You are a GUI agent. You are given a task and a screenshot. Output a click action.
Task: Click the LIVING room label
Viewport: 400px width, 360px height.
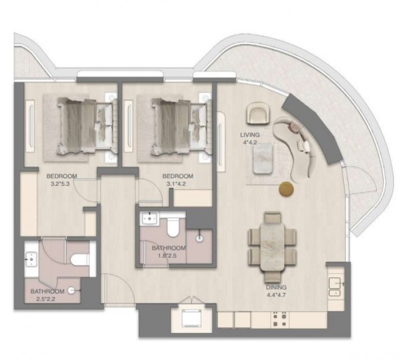[250, 134]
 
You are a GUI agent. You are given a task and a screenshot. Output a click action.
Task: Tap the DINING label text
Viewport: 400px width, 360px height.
[276, 287]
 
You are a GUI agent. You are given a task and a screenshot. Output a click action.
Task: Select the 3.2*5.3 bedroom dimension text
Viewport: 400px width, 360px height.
[60, 183]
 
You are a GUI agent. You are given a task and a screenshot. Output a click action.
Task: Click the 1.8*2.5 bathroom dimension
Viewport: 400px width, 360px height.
[168, 255]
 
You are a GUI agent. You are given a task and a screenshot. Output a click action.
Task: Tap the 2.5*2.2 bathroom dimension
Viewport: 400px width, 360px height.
[46, 299]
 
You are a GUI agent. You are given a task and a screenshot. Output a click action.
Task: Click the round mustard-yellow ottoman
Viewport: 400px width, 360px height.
[286, 190]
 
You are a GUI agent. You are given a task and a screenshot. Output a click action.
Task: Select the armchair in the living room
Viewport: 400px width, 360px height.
[258, 113]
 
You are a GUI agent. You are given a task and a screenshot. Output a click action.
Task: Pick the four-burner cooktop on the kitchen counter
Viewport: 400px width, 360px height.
[280, 319]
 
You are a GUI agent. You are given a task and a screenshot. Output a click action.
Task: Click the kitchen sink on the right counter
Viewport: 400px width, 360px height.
[335, 286]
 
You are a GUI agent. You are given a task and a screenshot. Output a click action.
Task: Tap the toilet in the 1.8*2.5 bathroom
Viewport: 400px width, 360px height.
[173, 227]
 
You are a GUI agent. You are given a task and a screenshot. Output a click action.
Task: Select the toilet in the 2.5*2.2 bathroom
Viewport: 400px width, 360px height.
[79, 259]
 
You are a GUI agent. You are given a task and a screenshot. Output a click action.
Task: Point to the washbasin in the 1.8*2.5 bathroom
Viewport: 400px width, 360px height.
[149, 218]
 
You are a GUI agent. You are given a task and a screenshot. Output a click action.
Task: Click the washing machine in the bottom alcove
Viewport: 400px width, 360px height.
[191, 318]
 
